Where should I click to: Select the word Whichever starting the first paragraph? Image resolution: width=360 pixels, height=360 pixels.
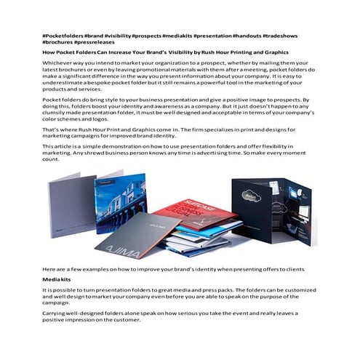pyautogui.click(x=58, y=64)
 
